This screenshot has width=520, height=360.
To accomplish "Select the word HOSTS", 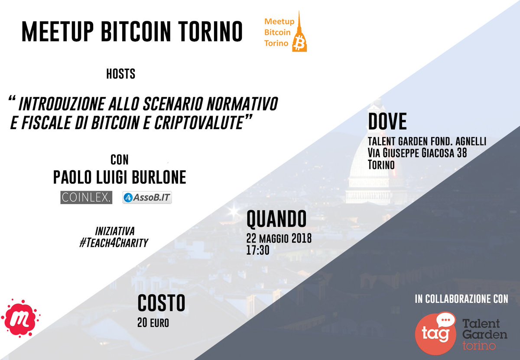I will tap(120, 75).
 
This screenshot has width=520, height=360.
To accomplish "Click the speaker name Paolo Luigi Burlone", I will tap(119, 178).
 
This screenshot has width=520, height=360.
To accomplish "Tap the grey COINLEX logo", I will tap(86, 198).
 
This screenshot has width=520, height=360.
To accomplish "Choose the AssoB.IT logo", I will tap(147, 198).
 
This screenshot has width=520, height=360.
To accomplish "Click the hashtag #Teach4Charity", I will tap(114, 243).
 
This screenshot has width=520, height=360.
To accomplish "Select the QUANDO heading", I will tap(276, 220).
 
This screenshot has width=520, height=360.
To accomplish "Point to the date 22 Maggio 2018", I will tap(279, 239).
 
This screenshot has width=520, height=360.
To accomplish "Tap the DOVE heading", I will tap(387, 122).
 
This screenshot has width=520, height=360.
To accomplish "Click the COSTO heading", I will tap(161, 303).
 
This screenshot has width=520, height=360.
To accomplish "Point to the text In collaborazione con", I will tap(461, 298).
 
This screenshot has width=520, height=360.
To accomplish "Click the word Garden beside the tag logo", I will tap(484, 335).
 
